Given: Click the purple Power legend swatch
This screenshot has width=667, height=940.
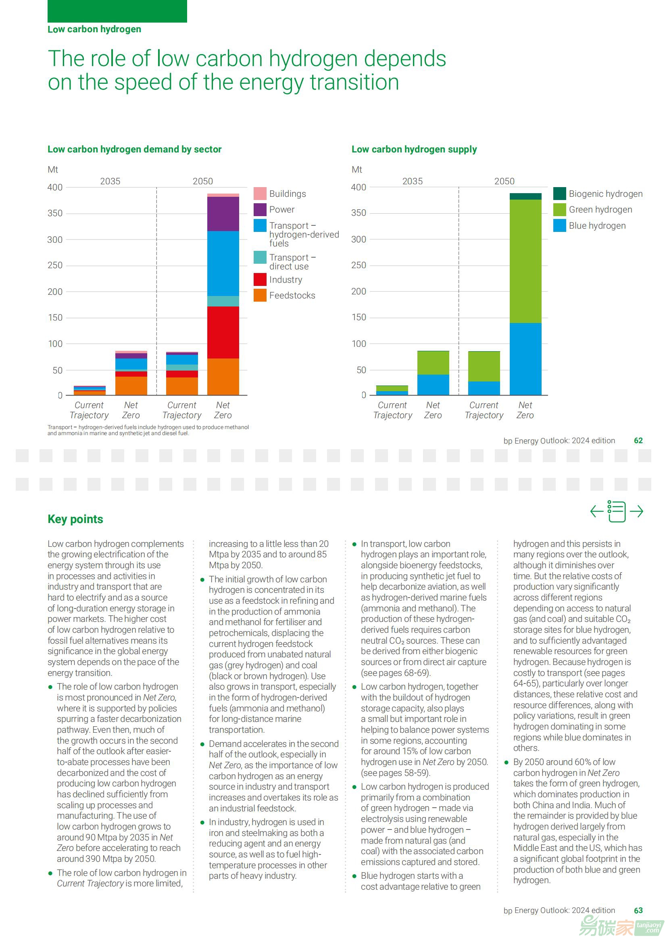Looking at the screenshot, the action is click(x=260, y=209).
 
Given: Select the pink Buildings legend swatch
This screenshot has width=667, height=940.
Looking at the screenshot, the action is click(x=260, y=194).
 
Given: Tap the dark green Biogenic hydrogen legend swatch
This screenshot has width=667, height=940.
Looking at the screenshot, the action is click(x=559, y=194).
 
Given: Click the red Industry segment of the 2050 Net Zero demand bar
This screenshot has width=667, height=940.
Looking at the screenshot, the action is click(x=223, y=332).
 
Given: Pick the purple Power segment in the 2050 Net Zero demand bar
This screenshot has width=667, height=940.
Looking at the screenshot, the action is click(x=223, y=214).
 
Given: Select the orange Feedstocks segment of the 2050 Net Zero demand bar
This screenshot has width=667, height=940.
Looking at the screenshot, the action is click(x=223, y=377).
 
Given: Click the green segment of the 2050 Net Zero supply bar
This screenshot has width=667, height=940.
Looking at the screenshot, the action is click(x=525, y=261).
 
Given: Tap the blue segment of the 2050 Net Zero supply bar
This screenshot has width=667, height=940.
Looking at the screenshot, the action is click(x=525, y=359).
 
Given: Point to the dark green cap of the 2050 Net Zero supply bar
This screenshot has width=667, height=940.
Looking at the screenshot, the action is click(x=525, y=196).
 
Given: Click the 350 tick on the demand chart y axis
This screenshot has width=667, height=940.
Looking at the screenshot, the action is click(x=55, y=213).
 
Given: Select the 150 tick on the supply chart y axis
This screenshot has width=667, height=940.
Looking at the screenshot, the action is click(x=359, y=317).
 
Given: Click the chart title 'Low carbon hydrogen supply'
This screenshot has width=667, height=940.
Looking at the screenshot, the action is click(x=414, y=149).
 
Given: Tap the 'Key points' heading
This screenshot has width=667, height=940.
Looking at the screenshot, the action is click(x=75, y=519).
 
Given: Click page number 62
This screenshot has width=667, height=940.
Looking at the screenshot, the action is click(x=638, y=440).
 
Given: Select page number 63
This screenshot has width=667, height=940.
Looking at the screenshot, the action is click(x=638, y=911).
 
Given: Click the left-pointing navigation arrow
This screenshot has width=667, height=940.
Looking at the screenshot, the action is click(x=597, y=511).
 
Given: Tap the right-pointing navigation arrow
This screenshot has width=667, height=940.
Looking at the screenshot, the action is click(x=636, y=511).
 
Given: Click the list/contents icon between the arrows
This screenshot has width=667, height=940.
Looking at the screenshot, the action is click(x=617, y=511).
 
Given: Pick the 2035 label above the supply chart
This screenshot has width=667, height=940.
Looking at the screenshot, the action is click(x=413, y=181).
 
